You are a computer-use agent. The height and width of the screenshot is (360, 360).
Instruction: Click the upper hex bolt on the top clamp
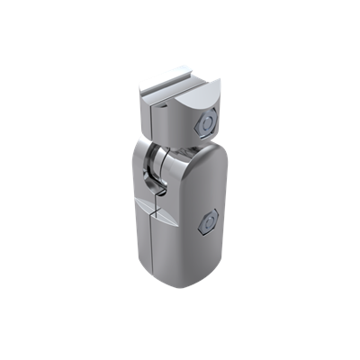click(x=207, y=121)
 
